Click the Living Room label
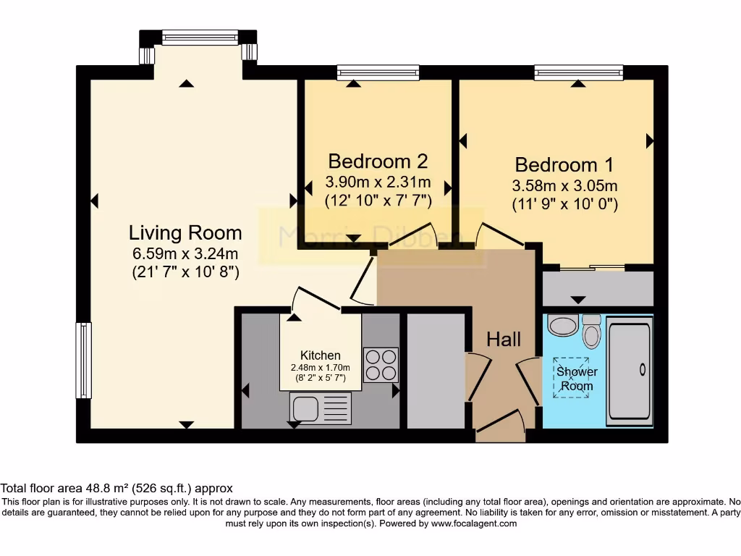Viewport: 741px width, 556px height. pyautogui.click(x=185, y=233)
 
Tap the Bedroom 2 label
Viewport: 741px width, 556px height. pyautogui.click(x=378, y=161)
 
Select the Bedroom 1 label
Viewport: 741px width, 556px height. pyautogui.click(x=564, y=164)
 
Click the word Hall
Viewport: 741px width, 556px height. pyautogui.click(x=504, y=339)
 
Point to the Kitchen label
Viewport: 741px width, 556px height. pyautogui.click(x=320, y=355)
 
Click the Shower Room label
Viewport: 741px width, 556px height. pyautogui.click(x=575, y=379)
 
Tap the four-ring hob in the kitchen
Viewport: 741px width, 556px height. pyautogui.click(x=380, y=365)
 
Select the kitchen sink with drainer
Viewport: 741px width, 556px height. pyautogui.click(x=320, y=408)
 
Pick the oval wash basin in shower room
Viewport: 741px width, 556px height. pyautogui.click(x=562, y=325)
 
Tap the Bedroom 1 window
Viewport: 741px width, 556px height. pyautogui.click(x=578, y=72)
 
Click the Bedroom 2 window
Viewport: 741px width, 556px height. pyautogui.click(x=378, y=72)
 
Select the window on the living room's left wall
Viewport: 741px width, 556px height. pyautogui.click(x=84, y=360)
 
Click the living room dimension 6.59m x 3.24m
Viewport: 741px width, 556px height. pyautogui.click(x=185, y=254)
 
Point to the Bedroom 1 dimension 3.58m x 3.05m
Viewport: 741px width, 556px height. pyautogui.click(x=564, y=185)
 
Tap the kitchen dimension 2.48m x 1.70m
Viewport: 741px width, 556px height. pyautogui.click(x=320, y=367)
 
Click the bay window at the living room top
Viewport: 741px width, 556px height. pyautogui.click(x=200, y=37)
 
